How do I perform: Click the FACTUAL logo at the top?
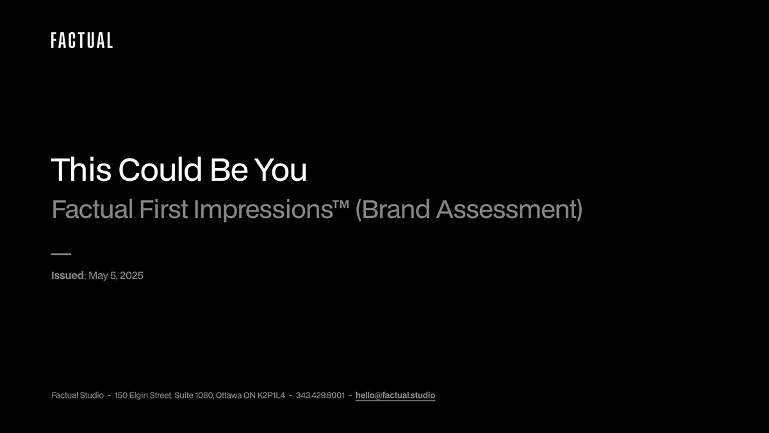(x=82, y=40)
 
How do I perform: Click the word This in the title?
(x=81, y=170)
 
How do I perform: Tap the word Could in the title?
(x=160, y=170)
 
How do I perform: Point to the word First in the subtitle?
(x=163, y=209)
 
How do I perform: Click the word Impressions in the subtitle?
(x=263, y=210)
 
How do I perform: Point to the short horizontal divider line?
(x=61, y=254)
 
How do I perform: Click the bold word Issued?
(x=68, y=275)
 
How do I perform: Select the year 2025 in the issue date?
(x=131, y=276)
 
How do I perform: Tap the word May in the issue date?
(x=98, y=276)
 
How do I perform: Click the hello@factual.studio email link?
(x=395, y=395)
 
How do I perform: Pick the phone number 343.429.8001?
(x=320, y=395)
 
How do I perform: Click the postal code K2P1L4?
(x=271, y=395)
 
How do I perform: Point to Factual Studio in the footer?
(x=78, y=395)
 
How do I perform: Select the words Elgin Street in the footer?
(x=150, y=396)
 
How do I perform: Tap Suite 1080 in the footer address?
(x=194, y=395)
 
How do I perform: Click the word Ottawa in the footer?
(x=229, y=395)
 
